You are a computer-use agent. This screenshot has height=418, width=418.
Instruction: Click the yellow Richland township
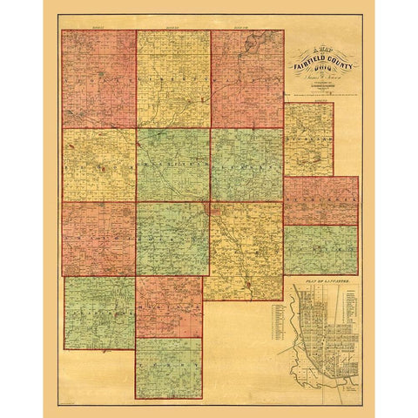click(x=308, y=139)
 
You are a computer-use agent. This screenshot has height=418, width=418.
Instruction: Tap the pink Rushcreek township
click(x=320, y=200)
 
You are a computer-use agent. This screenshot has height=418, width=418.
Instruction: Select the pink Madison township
click(x=168, y=307)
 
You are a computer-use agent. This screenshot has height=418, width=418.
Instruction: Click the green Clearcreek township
click(x=99, y=312)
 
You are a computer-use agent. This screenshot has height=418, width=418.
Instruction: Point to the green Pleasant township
click(x=246, y=165)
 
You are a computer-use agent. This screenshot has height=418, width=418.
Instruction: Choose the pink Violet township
click(x=98, y=78)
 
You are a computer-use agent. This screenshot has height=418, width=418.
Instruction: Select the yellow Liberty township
click(x=172, y=78)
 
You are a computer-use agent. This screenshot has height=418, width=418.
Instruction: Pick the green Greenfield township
click(x=172, y=165)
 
